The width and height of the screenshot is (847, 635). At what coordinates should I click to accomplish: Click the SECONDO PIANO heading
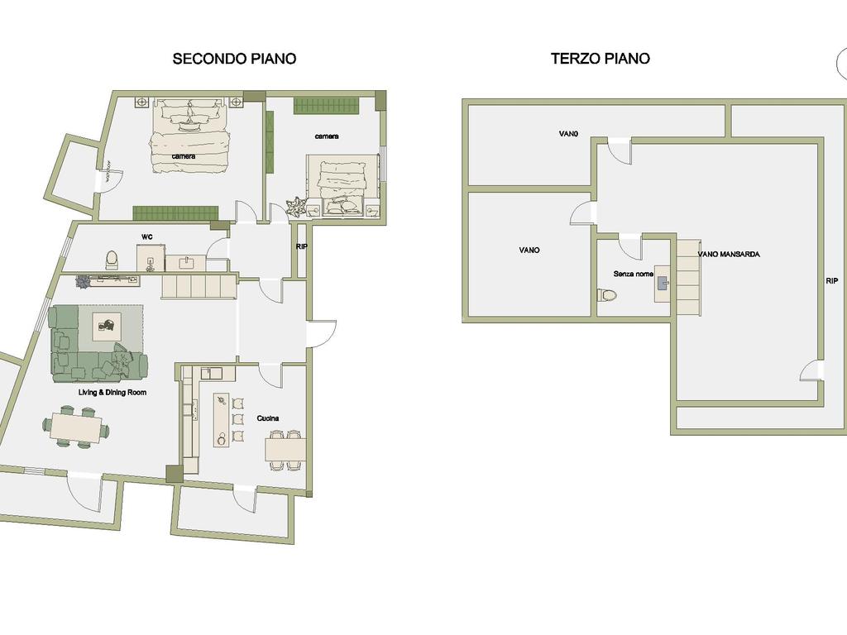click(x=234, y=59)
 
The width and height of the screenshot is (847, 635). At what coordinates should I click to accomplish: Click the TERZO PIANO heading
click(x=601, y=59)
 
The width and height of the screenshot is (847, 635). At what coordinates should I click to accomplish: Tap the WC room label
click(x=147, y=237)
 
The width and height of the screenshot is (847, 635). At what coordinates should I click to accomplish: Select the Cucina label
click(x=268, y=418)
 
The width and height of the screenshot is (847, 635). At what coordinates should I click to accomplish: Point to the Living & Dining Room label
click(x=112, y=393)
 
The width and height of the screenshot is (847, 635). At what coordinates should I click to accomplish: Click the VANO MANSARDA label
click(x=729, y=255)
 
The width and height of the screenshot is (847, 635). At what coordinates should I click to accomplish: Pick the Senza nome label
click(x=633, y=275)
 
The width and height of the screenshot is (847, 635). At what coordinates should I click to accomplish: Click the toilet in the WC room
click(x=112, y=260)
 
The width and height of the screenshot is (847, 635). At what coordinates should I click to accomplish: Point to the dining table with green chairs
click(x=76, y=427)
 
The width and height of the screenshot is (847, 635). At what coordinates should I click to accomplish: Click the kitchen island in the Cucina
click(x=222, y=419)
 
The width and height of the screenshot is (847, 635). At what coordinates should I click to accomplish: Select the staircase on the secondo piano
click(x=199, y=285)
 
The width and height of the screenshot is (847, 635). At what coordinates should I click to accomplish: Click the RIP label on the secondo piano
click(x=302, y=246)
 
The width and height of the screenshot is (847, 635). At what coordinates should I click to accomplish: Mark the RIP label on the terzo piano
click(x=832, y=281)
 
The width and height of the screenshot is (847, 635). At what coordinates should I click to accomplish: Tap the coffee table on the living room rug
click(x=107, y=327)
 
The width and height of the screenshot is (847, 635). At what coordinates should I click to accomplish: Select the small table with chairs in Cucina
click(x=285, y=449)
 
